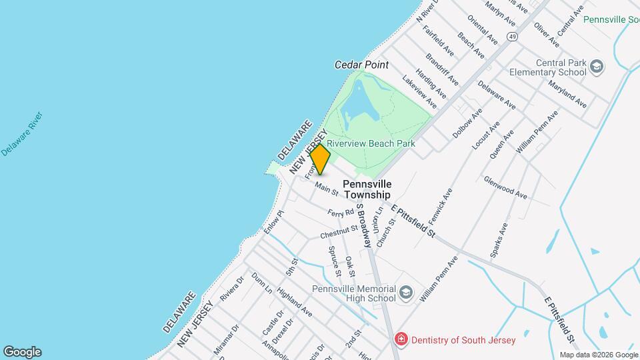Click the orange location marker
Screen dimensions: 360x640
pyautogui.click(x=321, y=159)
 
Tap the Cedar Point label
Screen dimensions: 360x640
pyautogui.click(x=361, y=65)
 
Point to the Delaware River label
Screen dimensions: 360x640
pyautogui.click(x=22, y=134)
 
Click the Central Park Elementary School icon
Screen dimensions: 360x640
pyautogui.click(x=596, y=67)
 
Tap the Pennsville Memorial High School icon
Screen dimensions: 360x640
pyautogui.click(x=405, y=293)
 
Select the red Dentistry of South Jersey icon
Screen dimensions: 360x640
pyautogui.click(x=401, y=340)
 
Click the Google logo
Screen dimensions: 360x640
pyautogui.click(x=22, y=352)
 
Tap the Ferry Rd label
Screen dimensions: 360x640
pyautogui.click(x=340, y=213)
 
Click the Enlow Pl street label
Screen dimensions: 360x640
pyautogui.click(x=273, y=222)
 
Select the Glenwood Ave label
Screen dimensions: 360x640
pyautogui.click(x=505, y=188)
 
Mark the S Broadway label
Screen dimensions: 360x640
pyautogui.click(x=363, y=226)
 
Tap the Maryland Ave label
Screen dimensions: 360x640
pyautogui.click(x=567, y=95)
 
